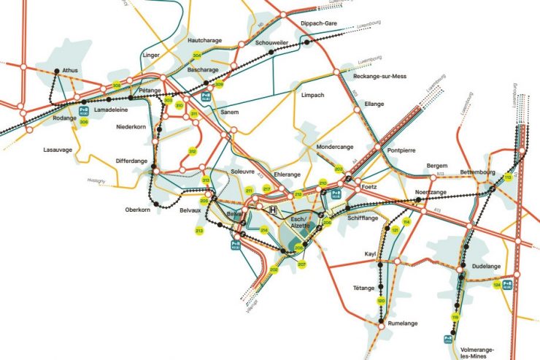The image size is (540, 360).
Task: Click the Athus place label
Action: tap(71, 70)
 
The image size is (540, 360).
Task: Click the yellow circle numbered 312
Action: tap(193, 151)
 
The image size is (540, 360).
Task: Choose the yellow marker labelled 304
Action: tap(196, 55)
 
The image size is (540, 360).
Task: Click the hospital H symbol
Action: tap(273, 210)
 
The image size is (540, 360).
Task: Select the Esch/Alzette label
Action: tap(301, 223)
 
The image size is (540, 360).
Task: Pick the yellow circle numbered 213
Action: tap(199, 231)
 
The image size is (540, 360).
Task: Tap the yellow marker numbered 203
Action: tap(339, 169)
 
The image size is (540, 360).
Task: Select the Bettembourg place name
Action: tap(479, 172)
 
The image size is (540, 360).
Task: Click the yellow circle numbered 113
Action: tap(508, 177)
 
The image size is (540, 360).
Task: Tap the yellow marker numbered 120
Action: tap(380, 301)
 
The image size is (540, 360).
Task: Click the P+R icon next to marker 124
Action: tap(509, 284)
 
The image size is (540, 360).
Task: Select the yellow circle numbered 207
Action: tap(301, 264)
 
